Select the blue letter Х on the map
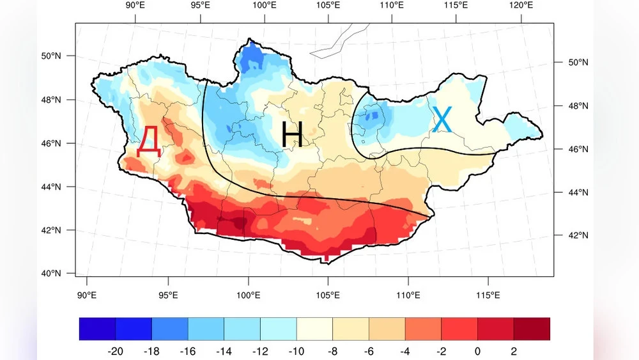[442, 120]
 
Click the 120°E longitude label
[521, 6]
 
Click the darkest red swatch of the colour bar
[532, 329]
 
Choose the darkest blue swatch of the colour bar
[97, 329]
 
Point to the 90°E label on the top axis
[136, 6]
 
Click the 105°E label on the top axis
[328, 6]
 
